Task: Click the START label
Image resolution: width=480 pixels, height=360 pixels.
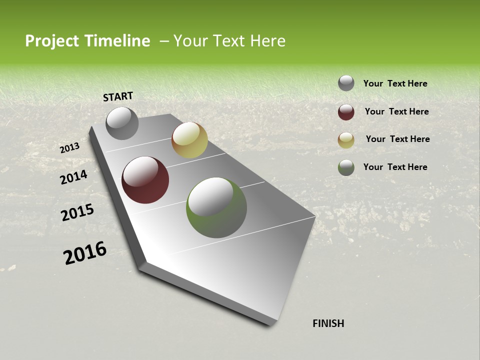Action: click(x=118, y=96)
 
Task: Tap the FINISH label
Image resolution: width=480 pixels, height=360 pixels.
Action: click(x=328, y=323)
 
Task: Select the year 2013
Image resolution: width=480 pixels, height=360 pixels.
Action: click(x=69, y=148)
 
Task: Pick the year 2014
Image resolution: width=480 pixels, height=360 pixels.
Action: click(x=73, y=177)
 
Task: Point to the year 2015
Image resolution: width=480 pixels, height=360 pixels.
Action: click(x=77, y=212)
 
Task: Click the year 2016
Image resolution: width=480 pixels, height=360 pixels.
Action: click(x=85, y=253)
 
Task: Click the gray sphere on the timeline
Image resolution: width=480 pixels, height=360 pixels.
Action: click(x=122, y=123)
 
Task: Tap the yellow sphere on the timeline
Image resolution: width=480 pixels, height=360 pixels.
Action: click(x=189, y=140)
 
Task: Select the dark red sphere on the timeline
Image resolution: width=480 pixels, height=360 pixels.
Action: click(x=145, y=180)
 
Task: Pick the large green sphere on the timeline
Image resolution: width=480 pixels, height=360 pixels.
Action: click(x=216, y=207)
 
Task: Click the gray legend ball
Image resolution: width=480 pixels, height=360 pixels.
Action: click(x=346, y=83)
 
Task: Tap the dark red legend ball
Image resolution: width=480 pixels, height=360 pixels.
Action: click(x=346, y=112)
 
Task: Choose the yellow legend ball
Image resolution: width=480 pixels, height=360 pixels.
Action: click(x=346, y=140)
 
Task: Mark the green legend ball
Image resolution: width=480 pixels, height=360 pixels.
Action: click(x=346, y=167)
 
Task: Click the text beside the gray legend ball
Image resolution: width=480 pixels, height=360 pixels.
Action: click(x=395, y=83)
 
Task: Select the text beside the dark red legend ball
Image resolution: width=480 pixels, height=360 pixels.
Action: click(x=396, y=111)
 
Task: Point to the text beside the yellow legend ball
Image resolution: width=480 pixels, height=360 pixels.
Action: click(x=397, y=139)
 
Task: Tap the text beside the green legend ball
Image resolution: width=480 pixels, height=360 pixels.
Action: click(x=395, y=167)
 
